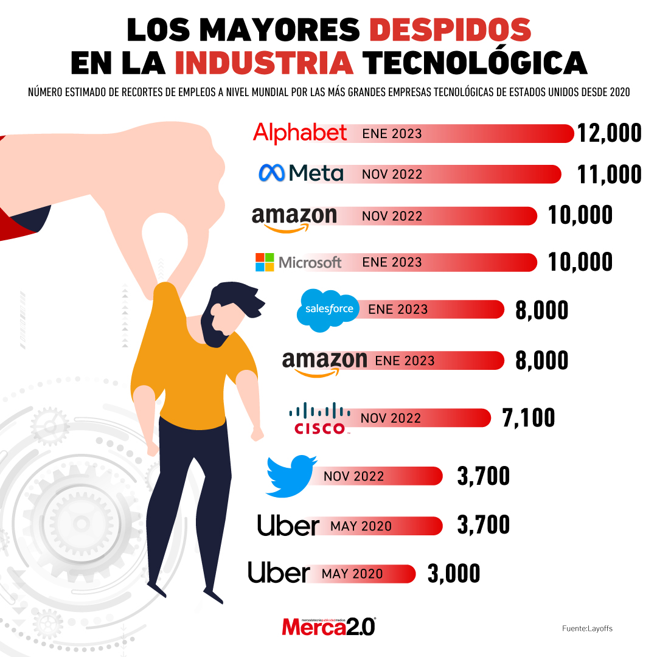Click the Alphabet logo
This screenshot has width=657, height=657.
(x=300, y=133)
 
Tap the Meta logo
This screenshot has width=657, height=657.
(x=301, y=173)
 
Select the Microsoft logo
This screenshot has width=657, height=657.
(x=299, y=262)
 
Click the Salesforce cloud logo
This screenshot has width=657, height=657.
(x=328, y=310)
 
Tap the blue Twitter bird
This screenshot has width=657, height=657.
(x=291, y=475)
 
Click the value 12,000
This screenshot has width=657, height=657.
(x=609, y=133)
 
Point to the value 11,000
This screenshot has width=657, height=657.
(x=609, y=174)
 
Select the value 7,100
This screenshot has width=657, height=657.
(x=527, y=418)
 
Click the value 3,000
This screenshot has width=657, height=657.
(x=453, y=574)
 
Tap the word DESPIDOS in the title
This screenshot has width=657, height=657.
(x=450, y=29)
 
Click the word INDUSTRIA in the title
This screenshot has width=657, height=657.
(x=264, y=62)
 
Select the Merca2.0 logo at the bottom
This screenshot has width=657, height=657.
(x=328, y=626)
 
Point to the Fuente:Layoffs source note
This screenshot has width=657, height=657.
(x=587, y=628)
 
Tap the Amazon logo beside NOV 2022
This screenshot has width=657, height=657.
(x=294, y=218)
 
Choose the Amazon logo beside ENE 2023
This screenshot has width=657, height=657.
(x=324, y=363)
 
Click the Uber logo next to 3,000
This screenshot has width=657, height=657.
(x=279, y=573)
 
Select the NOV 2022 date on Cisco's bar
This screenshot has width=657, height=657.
(x=391, y=419)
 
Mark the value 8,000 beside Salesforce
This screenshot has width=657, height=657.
(x=541, y=310)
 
